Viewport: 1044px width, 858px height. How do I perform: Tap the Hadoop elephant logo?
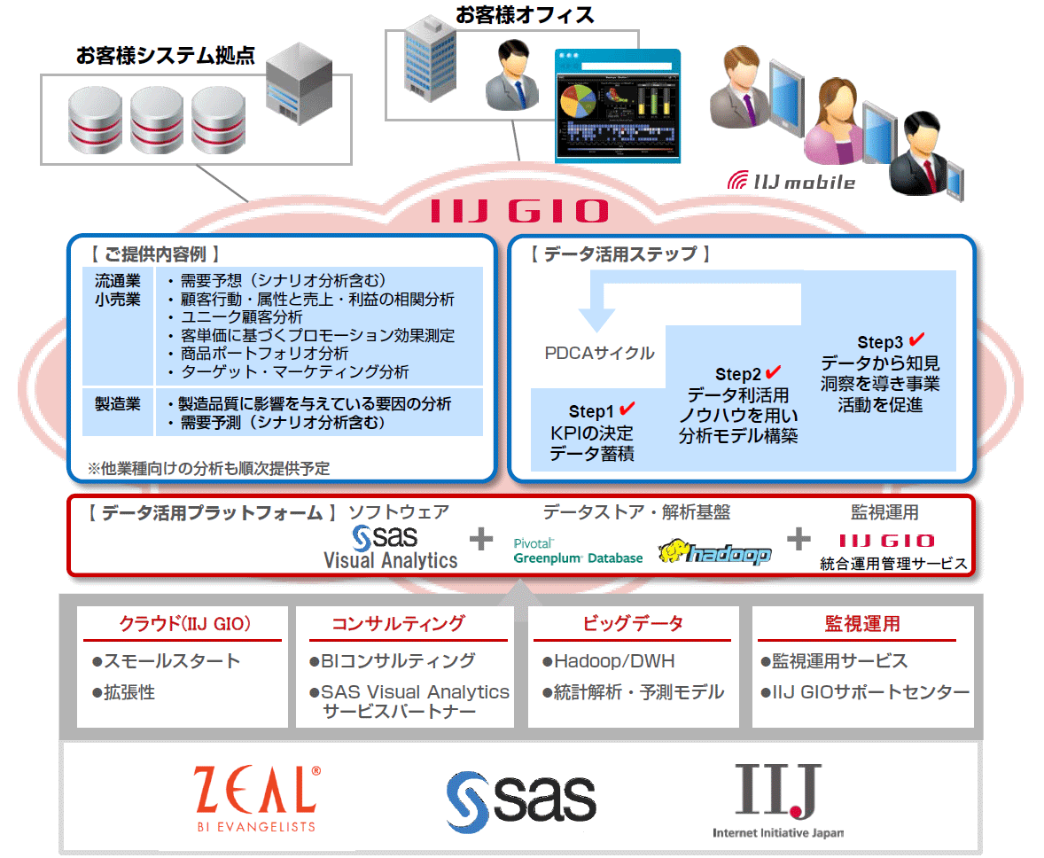[714, 552]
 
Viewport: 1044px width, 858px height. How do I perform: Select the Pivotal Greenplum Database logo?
[578, 551]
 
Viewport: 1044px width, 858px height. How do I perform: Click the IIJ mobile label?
[791, 182]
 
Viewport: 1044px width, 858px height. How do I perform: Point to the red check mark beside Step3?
[916, 339]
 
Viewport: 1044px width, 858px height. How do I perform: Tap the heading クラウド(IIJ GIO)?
[184, 624]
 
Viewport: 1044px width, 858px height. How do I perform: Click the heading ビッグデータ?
[633, 624]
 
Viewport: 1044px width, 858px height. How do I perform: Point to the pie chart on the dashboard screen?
[583, 101]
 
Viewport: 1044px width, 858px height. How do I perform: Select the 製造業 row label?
[118, 404]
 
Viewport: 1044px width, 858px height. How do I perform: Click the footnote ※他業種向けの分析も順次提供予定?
[208, 467]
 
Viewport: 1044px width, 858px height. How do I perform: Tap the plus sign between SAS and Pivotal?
[480, 539]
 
